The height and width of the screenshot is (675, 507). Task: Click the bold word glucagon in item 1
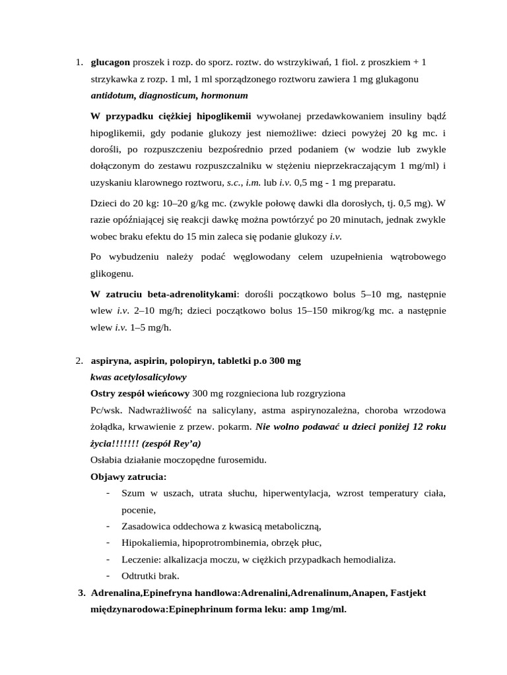[110, 63]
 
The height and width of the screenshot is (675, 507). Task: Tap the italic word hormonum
[217, 95]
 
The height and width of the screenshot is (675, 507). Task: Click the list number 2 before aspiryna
[78, 361]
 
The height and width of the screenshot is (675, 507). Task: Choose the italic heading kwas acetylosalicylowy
[138, 377]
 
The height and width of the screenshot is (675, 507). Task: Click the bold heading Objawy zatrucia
[129, 477]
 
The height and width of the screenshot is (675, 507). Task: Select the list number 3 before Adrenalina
[82, 593]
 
